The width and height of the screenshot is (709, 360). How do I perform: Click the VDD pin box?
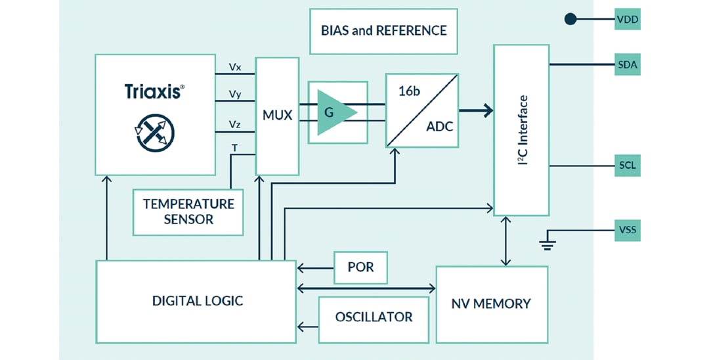(x=627, y=20)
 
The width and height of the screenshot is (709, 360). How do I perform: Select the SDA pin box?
(x=627, y=65)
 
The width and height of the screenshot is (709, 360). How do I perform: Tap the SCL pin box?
(x=627, y=166)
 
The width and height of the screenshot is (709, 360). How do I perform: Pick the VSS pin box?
(x=627, y=231)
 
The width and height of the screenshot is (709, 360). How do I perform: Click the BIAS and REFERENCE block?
(x=383, y=31)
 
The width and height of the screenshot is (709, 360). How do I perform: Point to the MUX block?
(x=277, y=116)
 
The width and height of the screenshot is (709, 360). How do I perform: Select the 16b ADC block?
(x=421, y=110)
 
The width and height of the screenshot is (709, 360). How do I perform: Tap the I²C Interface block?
(x=521, y=130)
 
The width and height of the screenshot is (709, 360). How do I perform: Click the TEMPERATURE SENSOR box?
(x=188, y=212)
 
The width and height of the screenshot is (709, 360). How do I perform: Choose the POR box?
(x=360, y=267)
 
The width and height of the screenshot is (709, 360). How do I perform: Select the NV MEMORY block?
(x=491, y=304)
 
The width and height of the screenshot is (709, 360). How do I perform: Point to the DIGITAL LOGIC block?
(x=196, y=301)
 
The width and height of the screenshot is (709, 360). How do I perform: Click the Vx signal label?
(x=235, y=67)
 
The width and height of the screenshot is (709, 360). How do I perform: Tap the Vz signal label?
(x=235, y=124)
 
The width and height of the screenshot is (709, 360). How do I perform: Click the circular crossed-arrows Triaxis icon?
(x=155, y=132)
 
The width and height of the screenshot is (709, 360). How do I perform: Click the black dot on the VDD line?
(x=570, y=20)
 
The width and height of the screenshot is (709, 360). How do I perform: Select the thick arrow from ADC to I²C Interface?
(x=477, y=110)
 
